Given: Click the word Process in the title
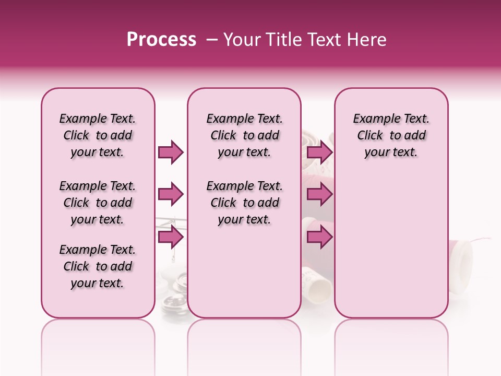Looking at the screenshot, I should [161, 40].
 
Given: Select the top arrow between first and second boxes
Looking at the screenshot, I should [171, 152].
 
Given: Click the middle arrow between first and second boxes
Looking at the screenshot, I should [171, 195].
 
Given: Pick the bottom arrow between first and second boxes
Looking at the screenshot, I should [171, 237].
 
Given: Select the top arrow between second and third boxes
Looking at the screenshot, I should [319, 152].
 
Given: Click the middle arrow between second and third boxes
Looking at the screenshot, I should [319, 195].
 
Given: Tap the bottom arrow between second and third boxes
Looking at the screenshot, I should [319, 237].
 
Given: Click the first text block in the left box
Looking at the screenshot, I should [98, 135].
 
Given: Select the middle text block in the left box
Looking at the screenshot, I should [98, 203].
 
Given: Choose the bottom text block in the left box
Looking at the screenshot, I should [98, 266].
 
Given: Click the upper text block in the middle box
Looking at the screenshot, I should [245, 135].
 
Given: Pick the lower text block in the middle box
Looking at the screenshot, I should [245, 203].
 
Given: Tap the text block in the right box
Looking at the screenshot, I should [391, 135].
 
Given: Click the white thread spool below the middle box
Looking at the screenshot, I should [316, 282].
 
